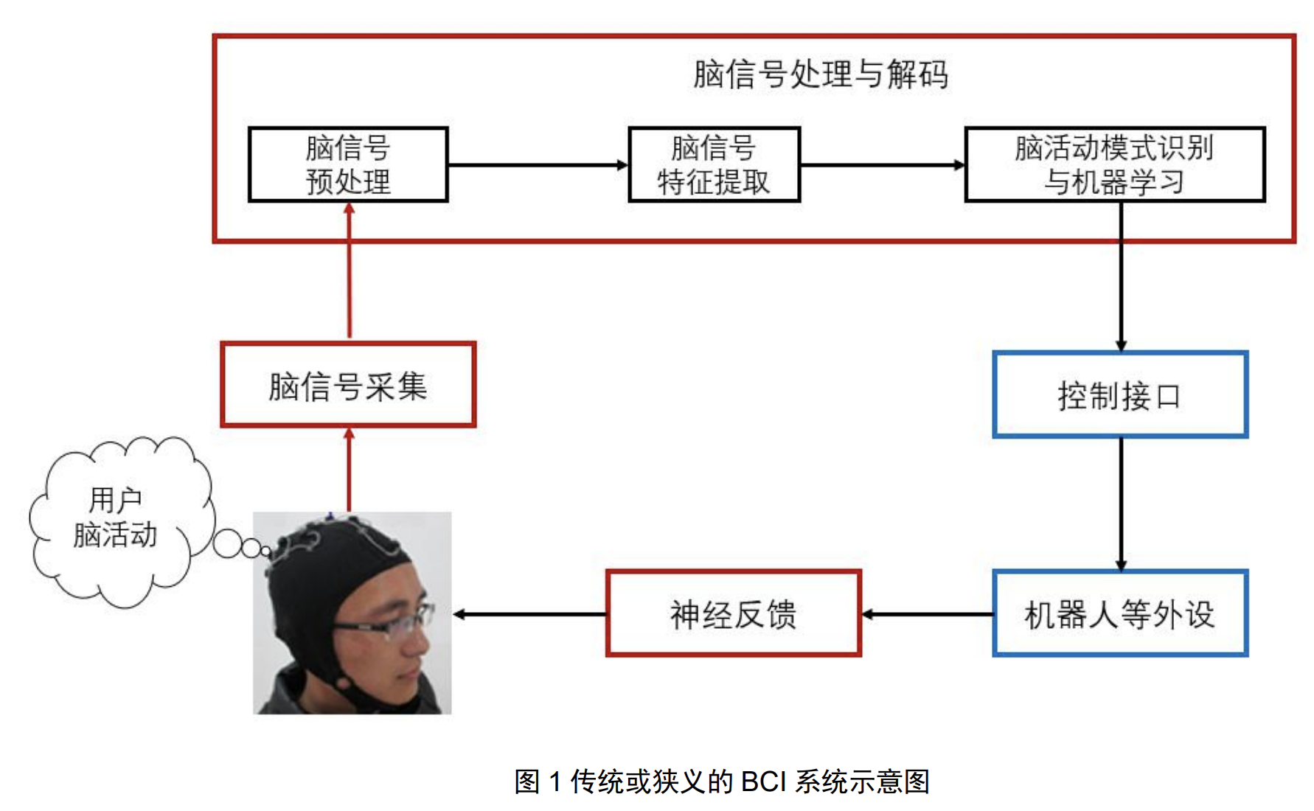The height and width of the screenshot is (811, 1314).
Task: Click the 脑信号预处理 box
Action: (x=348, y=164)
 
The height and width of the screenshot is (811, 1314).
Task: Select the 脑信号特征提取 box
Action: (x=714, y=164)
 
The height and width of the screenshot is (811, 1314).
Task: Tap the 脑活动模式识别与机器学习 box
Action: (x=1114, y=164)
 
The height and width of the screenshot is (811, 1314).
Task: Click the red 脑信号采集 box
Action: (x=348, y=384)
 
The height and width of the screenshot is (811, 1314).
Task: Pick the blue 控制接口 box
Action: (x=1119, y=395)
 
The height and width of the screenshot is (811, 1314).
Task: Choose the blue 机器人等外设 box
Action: (x=1119, y=613)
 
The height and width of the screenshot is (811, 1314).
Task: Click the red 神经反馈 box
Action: (x=733, y=613)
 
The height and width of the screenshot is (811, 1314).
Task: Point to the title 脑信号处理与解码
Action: (x=820, y=74)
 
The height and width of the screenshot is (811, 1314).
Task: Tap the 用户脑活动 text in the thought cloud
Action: (x=116, y=518)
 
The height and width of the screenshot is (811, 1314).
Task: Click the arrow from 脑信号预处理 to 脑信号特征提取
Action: (x=537, y=165)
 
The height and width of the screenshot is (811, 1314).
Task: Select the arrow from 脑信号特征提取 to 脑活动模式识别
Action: (x=882, y=165)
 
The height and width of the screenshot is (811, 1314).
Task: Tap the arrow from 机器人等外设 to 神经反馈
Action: (x=927, y=614)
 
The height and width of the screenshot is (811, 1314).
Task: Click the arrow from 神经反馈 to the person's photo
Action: (x=529, y=614)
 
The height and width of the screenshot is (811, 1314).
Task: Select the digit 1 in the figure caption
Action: (x=555, y=782)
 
